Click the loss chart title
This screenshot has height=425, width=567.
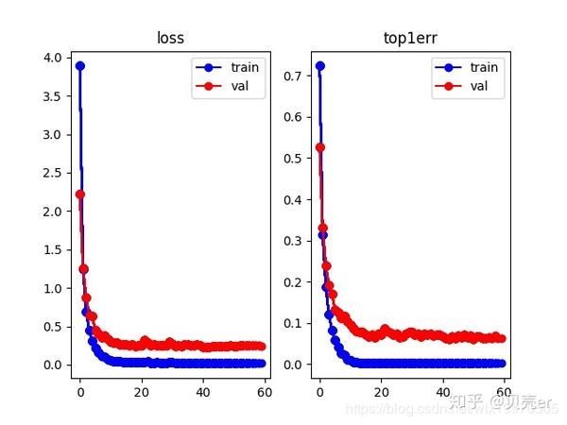point(171,39)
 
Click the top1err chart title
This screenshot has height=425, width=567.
point(411,39)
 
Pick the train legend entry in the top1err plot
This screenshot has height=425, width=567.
point(484,68)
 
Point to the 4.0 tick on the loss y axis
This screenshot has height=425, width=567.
point(54,59)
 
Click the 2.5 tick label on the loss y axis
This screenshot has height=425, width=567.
point(54,173)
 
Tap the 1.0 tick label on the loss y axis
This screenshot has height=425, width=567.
point(54,288)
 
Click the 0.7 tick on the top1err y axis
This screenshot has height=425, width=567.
point(294,75)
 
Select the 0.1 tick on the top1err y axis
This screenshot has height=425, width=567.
point(294,323)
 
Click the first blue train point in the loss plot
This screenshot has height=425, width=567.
point(80,66)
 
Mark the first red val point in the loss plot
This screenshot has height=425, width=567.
point(80,195)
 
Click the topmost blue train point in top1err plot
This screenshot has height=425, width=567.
point(320,66)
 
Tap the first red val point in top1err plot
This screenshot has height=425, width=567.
point(320,147)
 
